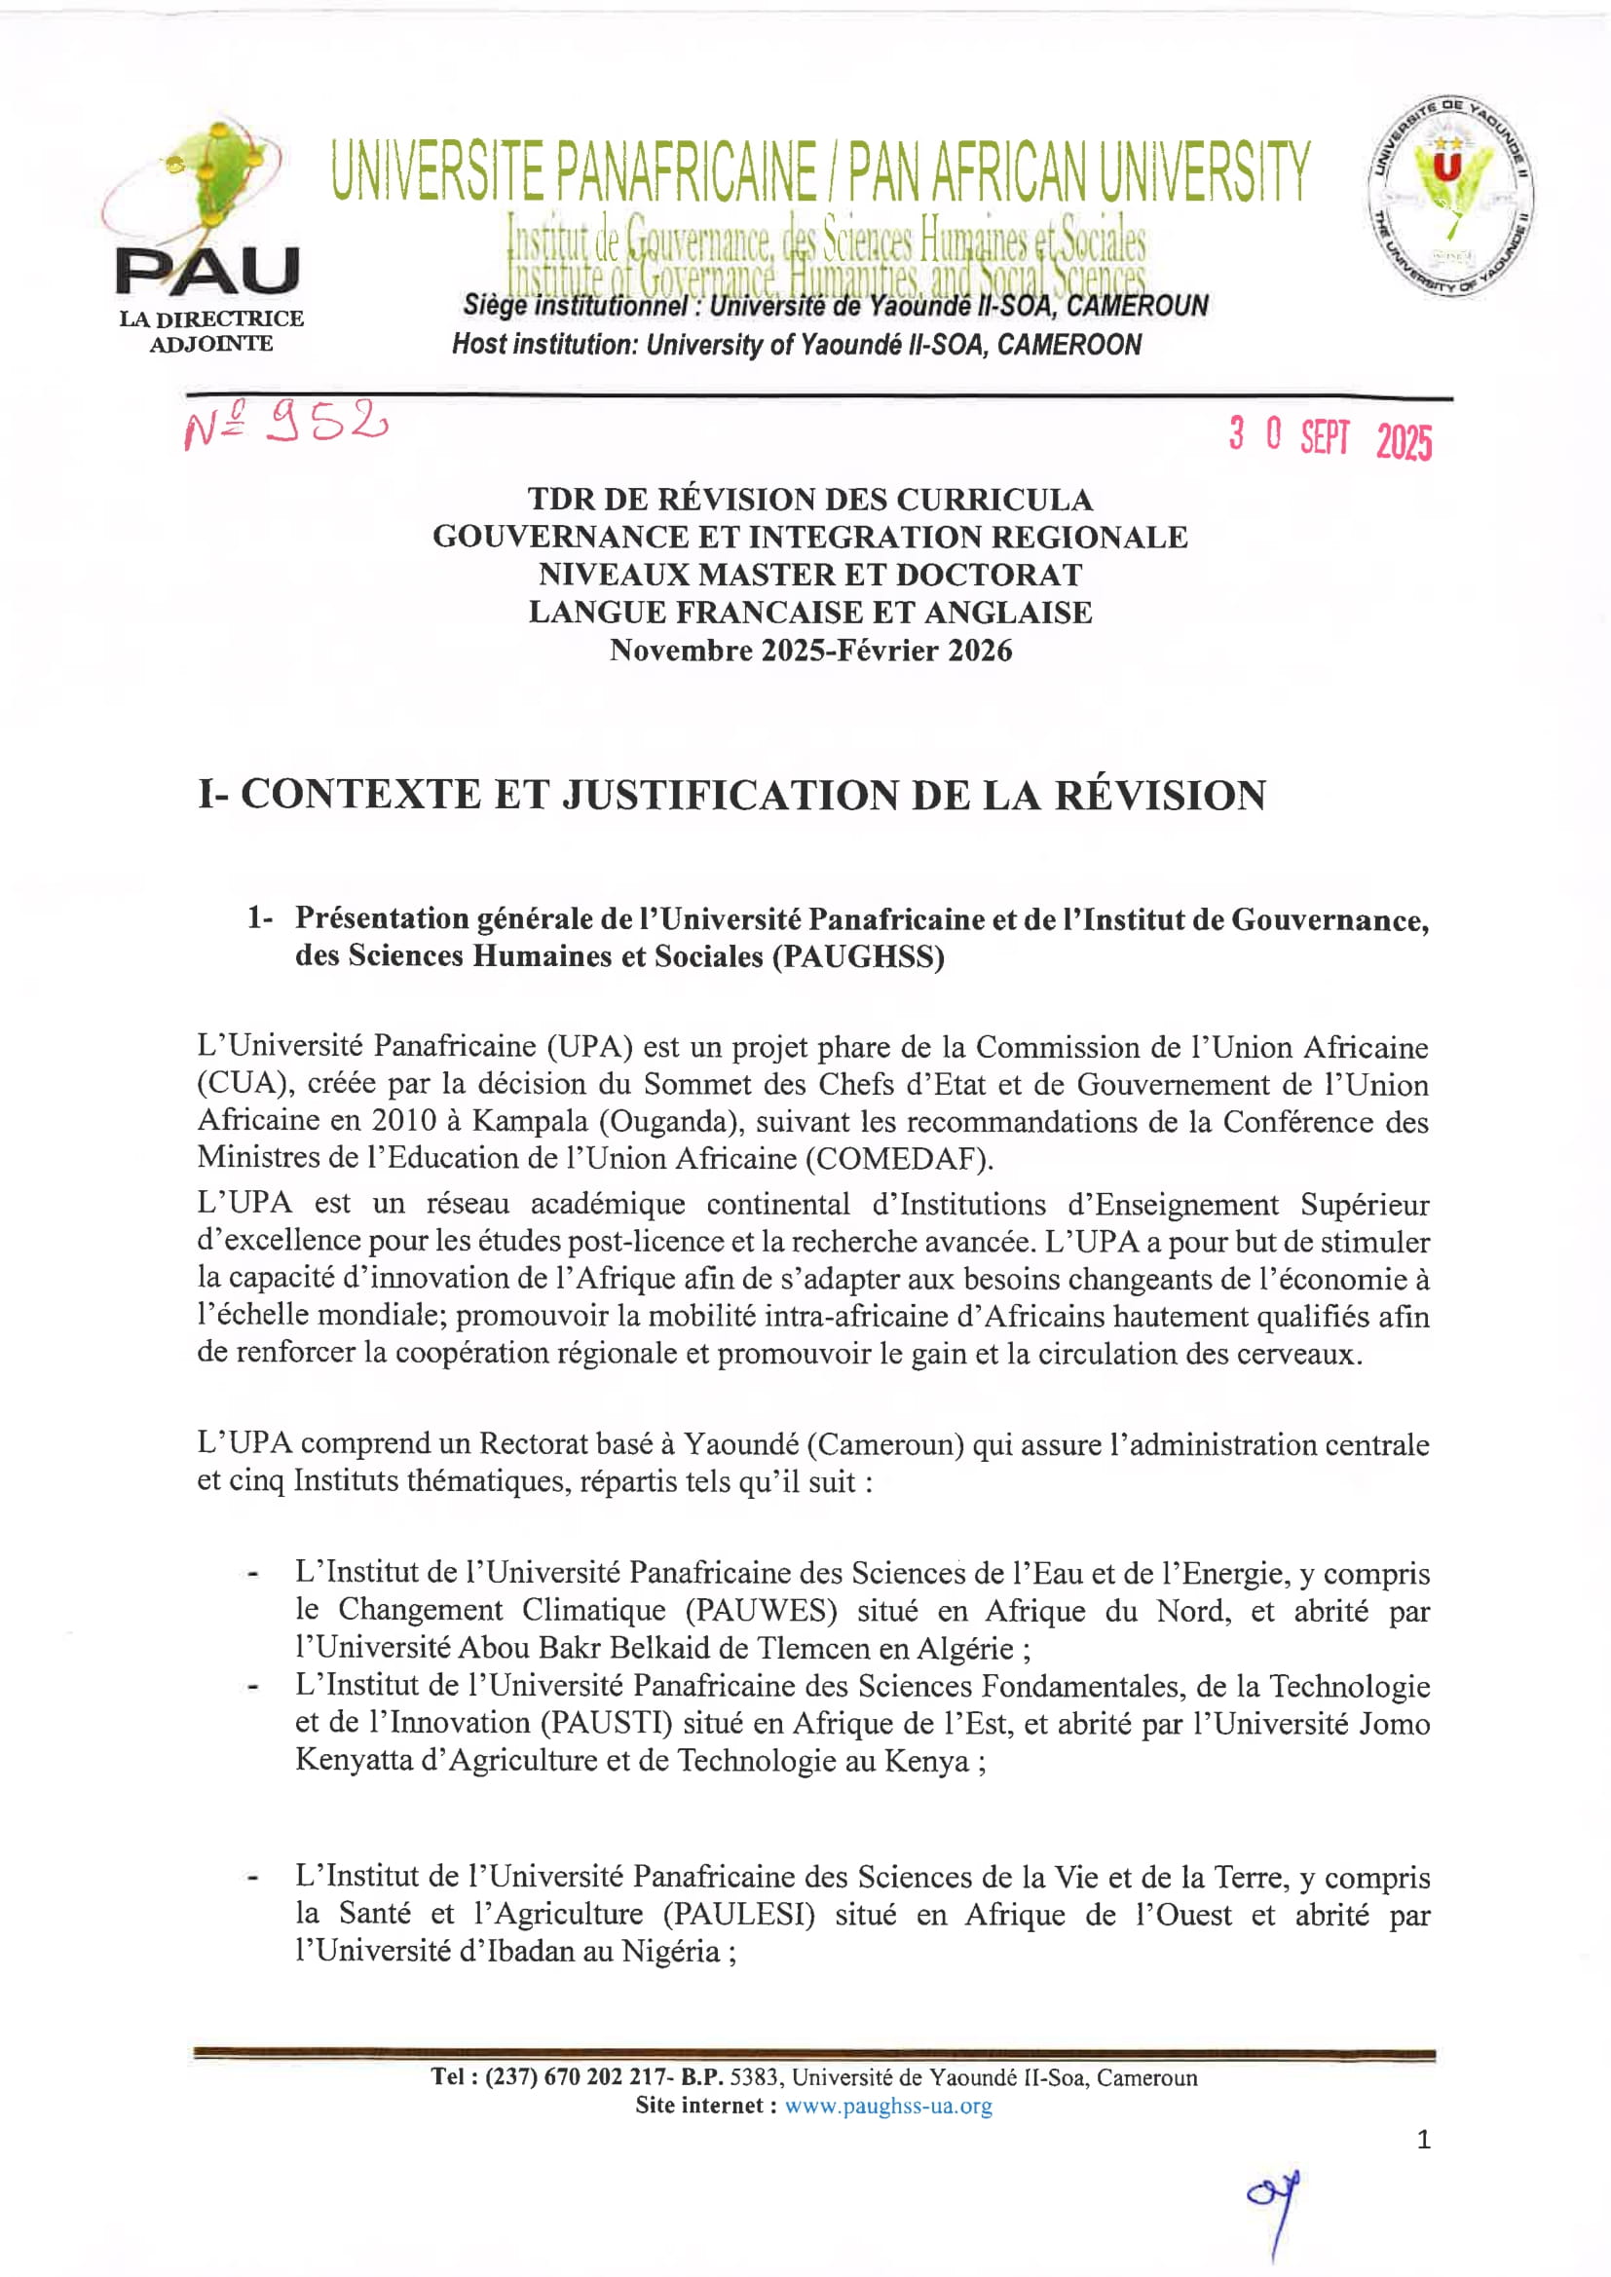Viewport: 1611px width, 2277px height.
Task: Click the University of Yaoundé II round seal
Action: point(1451,198)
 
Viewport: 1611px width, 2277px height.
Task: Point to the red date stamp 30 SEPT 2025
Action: point(1330,436)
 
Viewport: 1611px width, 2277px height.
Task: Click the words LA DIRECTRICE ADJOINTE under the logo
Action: point(211,331)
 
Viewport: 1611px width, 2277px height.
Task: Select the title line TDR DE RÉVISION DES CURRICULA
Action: point(809,499)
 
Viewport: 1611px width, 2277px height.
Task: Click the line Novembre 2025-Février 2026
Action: point(809,651)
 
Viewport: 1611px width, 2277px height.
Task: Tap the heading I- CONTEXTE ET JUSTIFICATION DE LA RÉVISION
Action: point(732,796)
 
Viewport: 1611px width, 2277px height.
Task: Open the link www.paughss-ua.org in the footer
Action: point(888,2106)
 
